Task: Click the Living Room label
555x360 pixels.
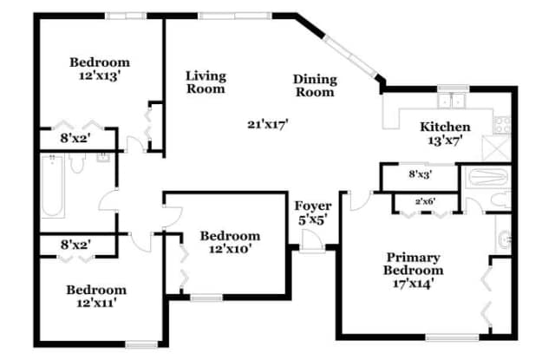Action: (206, 82)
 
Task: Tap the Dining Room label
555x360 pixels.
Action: (315, 85)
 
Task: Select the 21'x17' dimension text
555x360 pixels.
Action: (268, 124)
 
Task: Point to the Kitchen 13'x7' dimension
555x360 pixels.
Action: (445, 141)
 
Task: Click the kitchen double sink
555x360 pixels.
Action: (452, 101)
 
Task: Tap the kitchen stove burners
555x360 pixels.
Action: (502, 125)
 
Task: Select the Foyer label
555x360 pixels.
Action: (313, 206)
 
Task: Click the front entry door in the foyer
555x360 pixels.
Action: (312, 241)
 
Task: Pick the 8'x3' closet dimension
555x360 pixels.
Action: (420, 174)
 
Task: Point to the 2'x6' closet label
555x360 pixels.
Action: (425, 202)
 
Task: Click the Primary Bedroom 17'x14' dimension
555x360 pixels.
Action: (413, 284)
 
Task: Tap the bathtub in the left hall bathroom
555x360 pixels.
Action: (52, 186)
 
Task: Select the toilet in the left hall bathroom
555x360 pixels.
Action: (77, 163)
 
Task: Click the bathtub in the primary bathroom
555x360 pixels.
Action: (488, 177)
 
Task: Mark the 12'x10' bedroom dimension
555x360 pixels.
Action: (230, 249)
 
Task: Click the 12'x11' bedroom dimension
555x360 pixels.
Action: (96, 303)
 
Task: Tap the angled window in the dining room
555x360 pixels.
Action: (350, 56)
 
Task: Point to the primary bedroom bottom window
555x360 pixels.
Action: (452, 337)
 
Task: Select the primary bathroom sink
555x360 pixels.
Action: (504, 239)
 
